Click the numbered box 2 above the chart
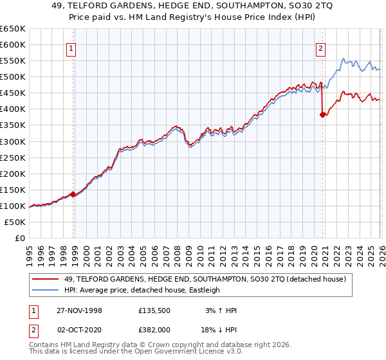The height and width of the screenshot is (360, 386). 320,47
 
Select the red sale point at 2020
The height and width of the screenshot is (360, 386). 322,115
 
